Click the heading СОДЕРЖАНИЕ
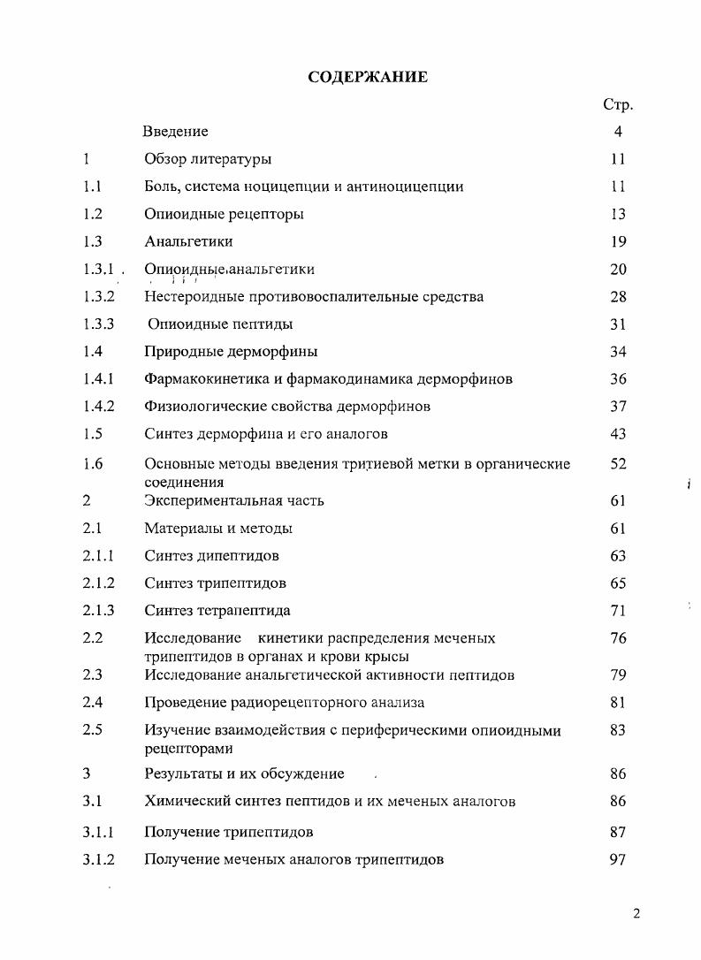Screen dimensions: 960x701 pos(368,77)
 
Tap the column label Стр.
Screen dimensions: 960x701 pos(617,104)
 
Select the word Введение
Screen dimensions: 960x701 pos(176,132)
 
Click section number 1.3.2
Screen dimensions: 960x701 pos(99,297)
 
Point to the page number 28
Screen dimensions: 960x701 pos(618,297)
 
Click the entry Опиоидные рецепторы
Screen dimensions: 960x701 pos(224,214)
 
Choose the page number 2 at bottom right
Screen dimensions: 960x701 pos(636,914)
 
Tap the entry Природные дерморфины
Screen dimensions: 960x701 pos(231,352)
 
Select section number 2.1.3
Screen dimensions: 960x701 pos(99,611)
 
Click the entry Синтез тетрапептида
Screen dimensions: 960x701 pos(217,611)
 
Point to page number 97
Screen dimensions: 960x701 pos(618,859)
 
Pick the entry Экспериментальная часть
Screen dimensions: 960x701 pos(234,500)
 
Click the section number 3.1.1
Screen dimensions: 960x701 pos(99,832)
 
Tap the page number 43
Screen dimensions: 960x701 pos(618,434)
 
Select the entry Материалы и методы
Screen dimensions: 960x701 pos(218,529)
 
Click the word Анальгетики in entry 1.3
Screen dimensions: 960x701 pos(188,241)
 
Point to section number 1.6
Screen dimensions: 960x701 pos(93,463)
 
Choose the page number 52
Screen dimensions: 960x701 pos(618,463)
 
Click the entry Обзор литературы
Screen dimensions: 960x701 pos(208,159)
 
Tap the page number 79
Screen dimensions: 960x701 pos(618,675)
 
